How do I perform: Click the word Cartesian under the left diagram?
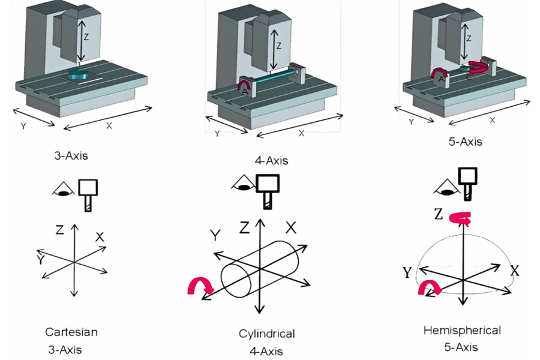tap(71, 331)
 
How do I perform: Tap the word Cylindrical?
tap(266, 334)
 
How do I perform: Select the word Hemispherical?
tap(461, 330)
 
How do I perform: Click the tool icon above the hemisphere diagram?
tap(468, 181)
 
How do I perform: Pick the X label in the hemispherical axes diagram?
tap(514, 269)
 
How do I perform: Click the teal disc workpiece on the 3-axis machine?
tap(79, 74)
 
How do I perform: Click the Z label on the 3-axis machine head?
tap(86, 37)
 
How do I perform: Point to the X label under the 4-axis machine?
tap(301, 133)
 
